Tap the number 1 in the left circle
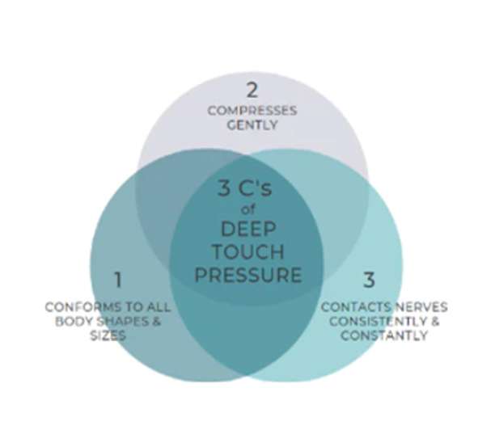(x=118, y=280)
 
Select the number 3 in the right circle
(x=369, y=280)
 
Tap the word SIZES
(x=110, y=335)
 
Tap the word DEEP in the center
(x=247, y=230)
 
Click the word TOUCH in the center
(x=247, y=252)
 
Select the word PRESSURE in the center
(x=247, y=275)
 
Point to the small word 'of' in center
(x=247, y=210)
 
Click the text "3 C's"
(x=247, y=189)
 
